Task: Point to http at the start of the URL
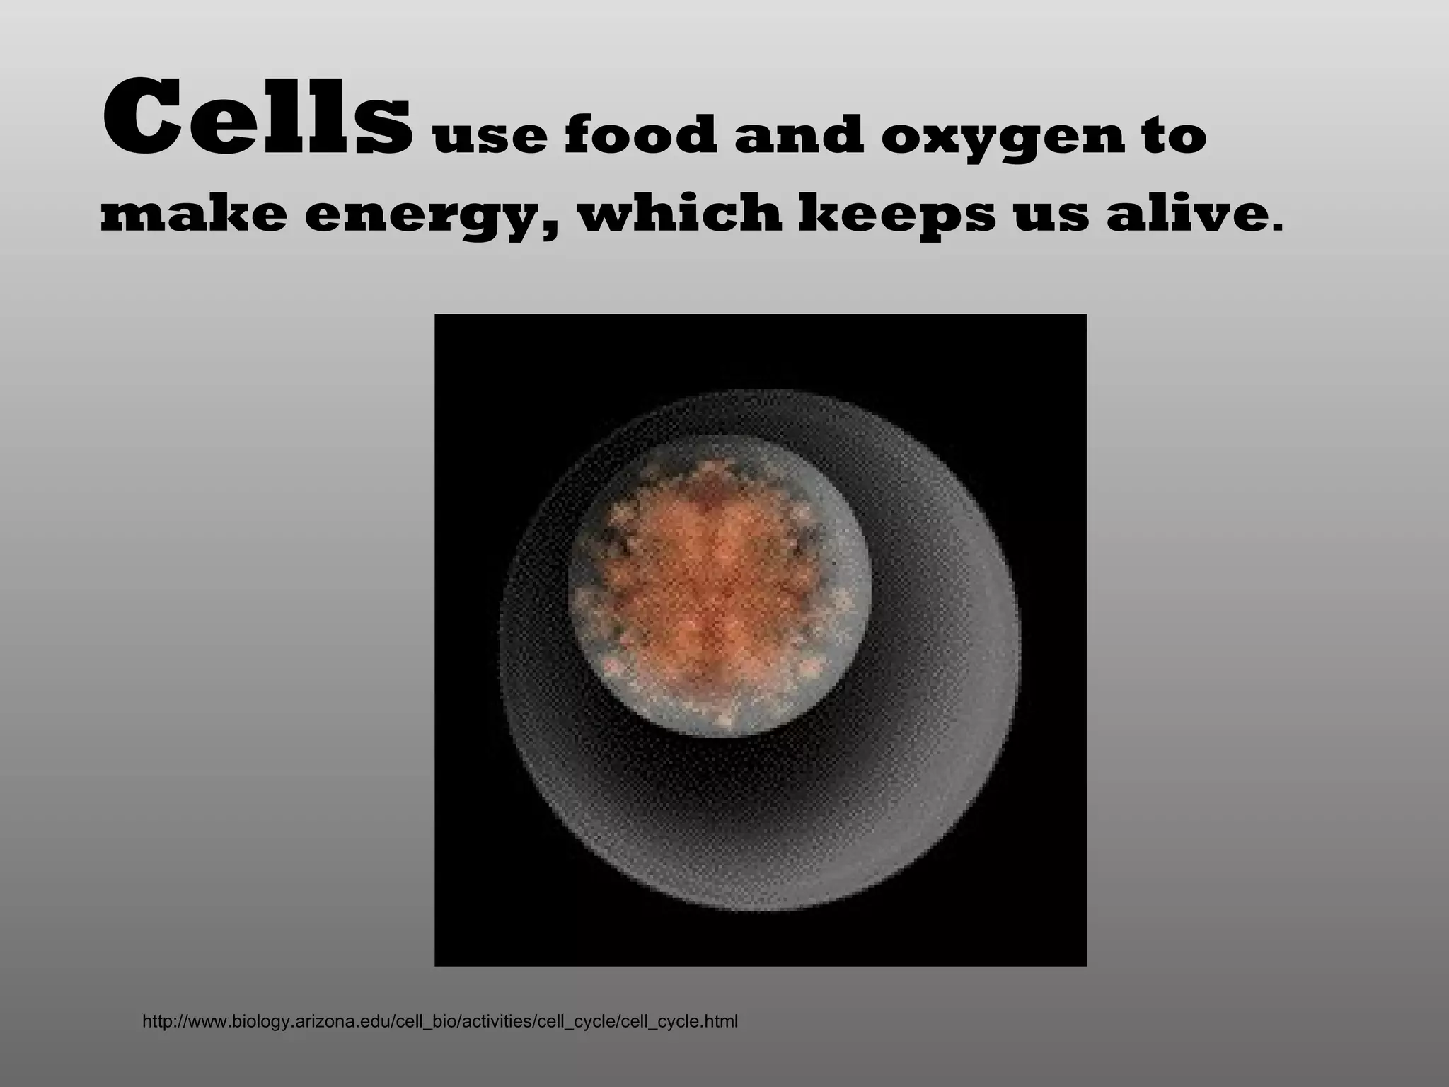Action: click(x=156, y=1022)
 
